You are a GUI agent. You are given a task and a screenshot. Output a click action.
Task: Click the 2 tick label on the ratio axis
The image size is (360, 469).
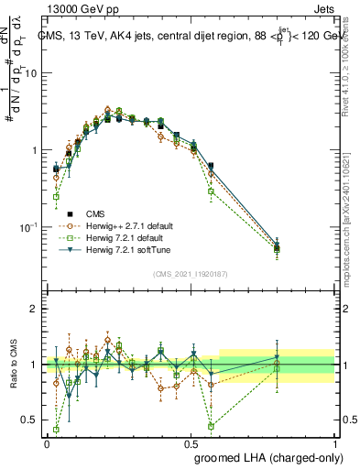click(35, 309)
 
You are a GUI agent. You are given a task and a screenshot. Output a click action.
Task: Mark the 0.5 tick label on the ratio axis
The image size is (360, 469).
click(30, 420)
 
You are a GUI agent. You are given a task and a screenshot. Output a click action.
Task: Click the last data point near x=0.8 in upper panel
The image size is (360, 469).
click(278, 246)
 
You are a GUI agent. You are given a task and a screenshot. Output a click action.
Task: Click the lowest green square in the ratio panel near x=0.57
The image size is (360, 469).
click(211, 426)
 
